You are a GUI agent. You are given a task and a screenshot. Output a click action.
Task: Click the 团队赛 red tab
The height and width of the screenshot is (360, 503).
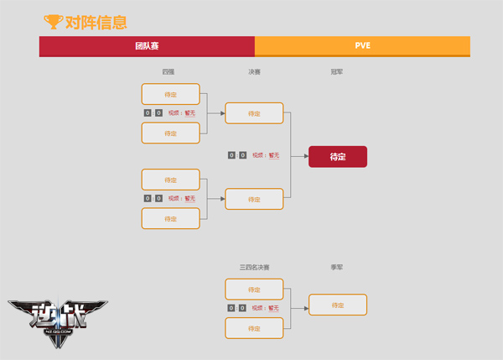(x=147, y=46)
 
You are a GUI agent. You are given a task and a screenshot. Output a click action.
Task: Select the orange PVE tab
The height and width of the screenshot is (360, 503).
(x=362, y=46)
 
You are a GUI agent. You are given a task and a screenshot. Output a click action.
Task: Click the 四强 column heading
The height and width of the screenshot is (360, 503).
(x=169, y=73)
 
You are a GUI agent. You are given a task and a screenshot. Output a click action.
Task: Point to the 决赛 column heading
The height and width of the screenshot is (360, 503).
(x=254, y=73)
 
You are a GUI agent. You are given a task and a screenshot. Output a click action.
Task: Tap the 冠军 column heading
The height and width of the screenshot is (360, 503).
(x=337, y=73)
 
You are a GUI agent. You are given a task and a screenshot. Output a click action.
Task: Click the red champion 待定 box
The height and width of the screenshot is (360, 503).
(x=338, y=156)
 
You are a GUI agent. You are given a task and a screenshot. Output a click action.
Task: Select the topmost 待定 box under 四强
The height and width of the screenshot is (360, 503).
(x=171, y=94)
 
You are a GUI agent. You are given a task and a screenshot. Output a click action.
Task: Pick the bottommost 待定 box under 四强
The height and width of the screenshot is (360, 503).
(x=171, y=218)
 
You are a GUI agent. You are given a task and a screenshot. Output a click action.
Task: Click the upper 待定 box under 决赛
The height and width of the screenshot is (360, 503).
(x=254, y=113)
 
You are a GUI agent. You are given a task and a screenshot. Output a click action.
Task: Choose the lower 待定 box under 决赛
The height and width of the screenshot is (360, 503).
(x=254, y=199)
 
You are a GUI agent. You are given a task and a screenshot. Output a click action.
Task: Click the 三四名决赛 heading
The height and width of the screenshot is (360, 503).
(x=254, y=267)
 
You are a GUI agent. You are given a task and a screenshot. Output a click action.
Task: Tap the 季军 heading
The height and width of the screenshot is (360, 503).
(x=337, y=267)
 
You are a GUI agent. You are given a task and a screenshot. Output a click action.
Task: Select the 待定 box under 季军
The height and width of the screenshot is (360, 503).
(x=338, y=305)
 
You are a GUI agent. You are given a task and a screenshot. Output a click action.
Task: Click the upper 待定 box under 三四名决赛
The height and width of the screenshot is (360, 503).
(x=254, y=289)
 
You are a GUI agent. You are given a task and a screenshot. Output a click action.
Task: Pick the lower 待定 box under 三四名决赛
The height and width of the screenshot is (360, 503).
(x=254, y=328)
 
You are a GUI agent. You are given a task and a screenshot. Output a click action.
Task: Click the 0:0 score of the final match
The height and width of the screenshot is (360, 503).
(x=237, y=155)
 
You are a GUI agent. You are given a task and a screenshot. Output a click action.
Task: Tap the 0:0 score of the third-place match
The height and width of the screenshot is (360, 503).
(x=237, y=308)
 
